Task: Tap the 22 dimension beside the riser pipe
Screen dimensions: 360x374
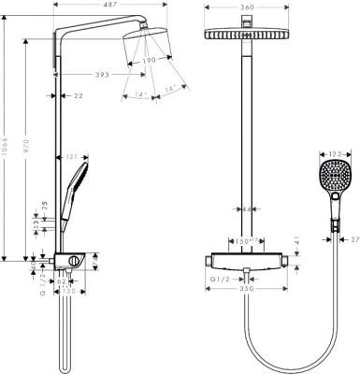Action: [x=79, y=94]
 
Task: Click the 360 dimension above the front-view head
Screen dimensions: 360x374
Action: [x=246, y=7]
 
